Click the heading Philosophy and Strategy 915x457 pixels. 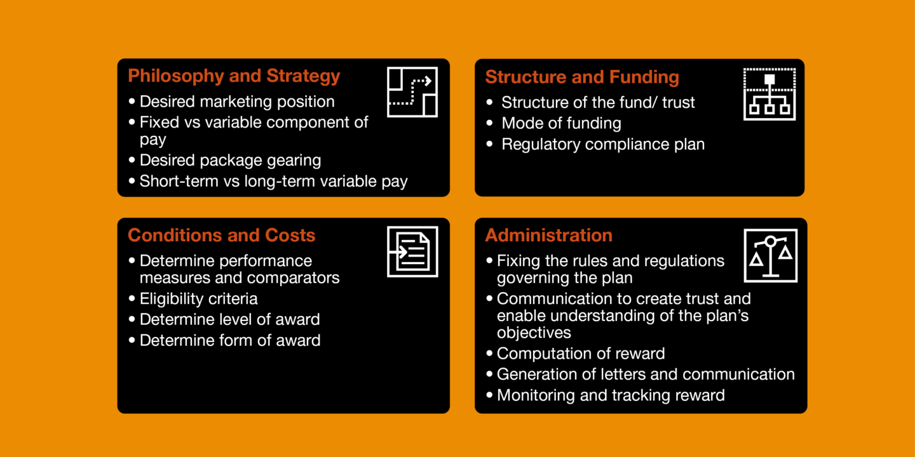pos(234,76)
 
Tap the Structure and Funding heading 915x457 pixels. pos(581,77)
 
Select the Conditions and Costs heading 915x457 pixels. pos(221,235)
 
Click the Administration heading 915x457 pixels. pos(548,235)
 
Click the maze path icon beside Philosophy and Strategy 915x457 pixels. pos(412,91)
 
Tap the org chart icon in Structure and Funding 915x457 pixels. pos(769,94)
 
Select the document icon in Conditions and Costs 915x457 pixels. pos(412,251)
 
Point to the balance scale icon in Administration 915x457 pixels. pos(770,256)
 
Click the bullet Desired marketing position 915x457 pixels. pos(236,102)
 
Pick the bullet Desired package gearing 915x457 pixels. pos(230,161)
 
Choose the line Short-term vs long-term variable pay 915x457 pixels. pos(273,182)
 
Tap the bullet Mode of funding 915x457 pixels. pos(561,123)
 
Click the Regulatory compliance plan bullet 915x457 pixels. pos(602,144)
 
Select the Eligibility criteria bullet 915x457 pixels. pos(198,298)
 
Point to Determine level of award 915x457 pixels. pos(229,319)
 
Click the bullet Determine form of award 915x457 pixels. pos(229,340)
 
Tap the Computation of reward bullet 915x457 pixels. pos(580,354)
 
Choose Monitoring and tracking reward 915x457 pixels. pos(610,395)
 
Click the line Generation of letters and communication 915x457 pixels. pos(645,374)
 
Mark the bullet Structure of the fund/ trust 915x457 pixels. pos(598,103)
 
